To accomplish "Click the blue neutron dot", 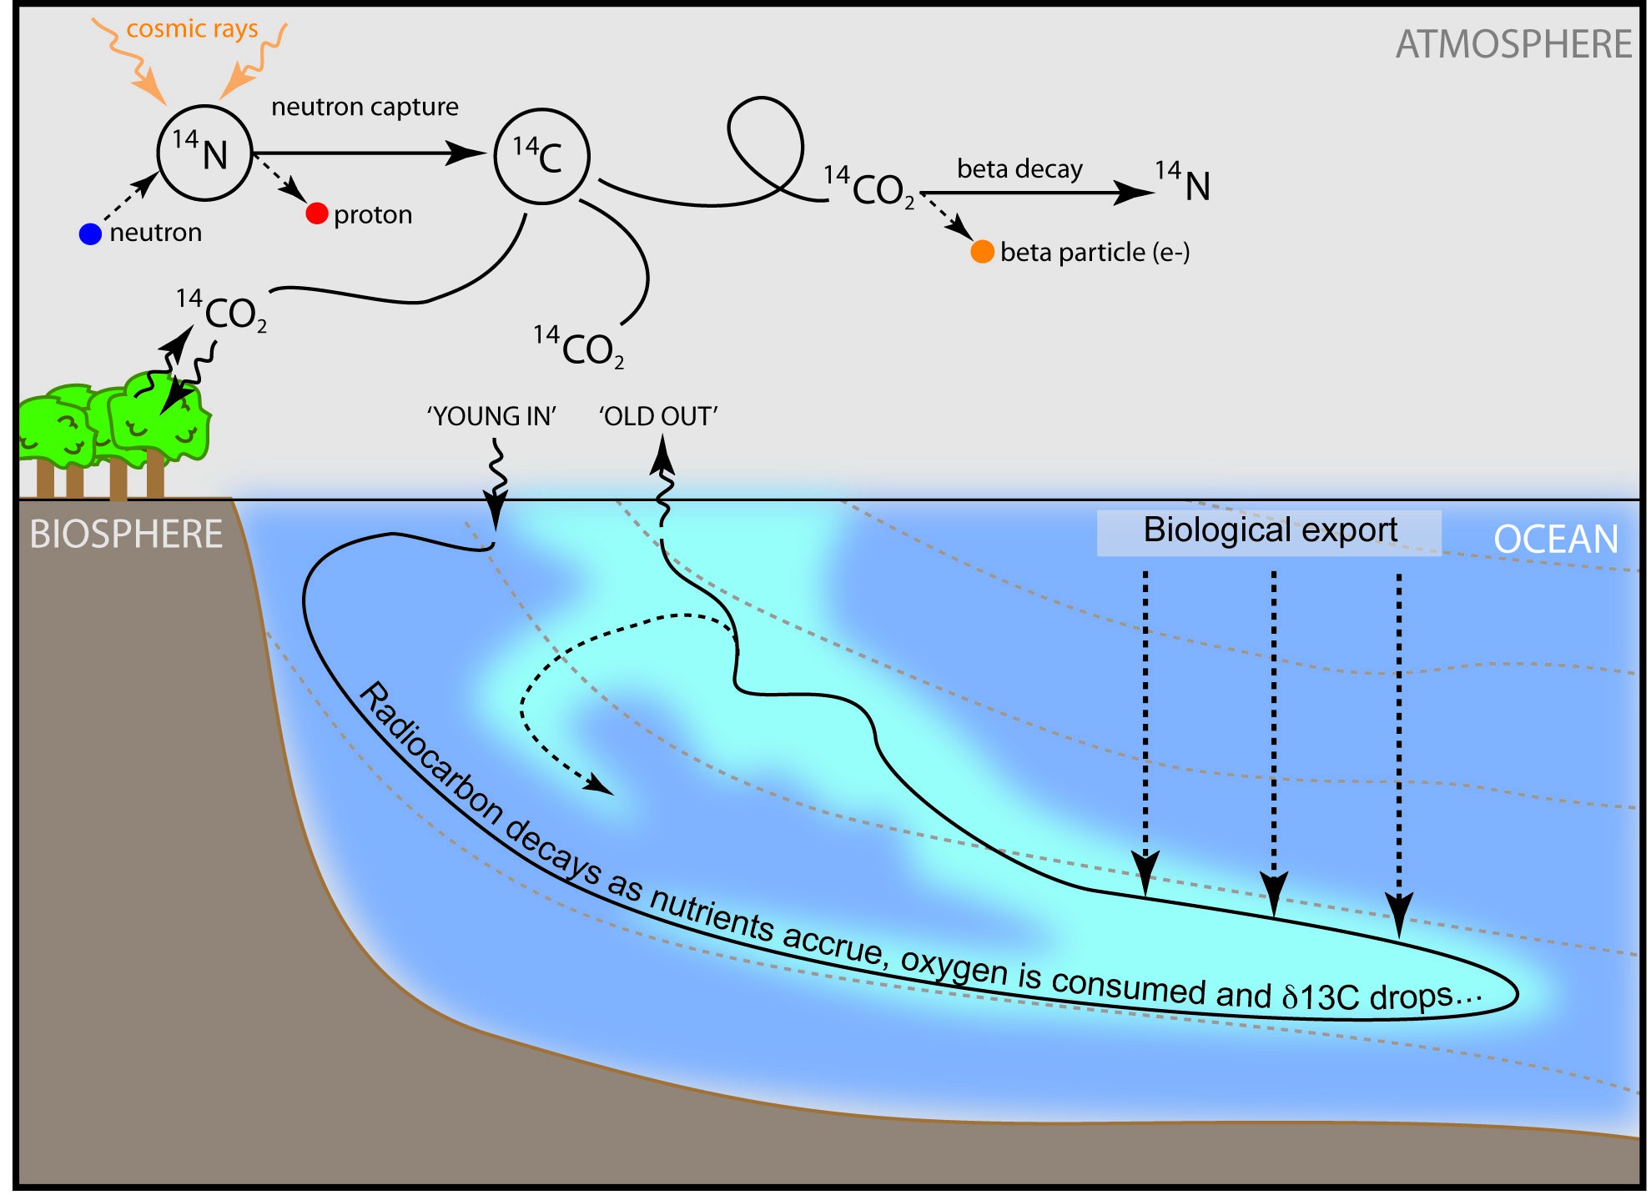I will pos(90,233).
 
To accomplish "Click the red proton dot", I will pos(316,213).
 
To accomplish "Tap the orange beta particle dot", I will pos(982,251).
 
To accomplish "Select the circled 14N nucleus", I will pos(204,153).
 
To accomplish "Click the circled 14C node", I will pos(541,156).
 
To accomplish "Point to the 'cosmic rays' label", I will pos(192,29).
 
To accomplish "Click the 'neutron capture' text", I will pos(365,107).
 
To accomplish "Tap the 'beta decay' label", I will pos(1019,169).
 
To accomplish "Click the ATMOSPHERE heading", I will pos(1513,44).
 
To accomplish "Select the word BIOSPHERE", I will pos(126,535).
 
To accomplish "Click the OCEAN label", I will pos(1556,539).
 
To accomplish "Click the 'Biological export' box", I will pos(1269,531).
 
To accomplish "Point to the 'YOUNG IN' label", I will pos(491,415).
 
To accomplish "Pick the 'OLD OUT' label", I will pos(658,415).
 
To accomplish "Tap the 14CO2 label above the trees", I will pos(223,311).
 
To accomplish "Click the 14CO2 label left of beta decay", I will pos(869,188).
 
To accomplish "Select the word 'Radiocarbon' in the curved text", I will pos(429,753).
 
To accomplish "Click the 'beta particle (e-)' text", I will pos(1095,252).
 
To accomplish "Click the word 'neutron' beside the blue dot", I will pos(156,233).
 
